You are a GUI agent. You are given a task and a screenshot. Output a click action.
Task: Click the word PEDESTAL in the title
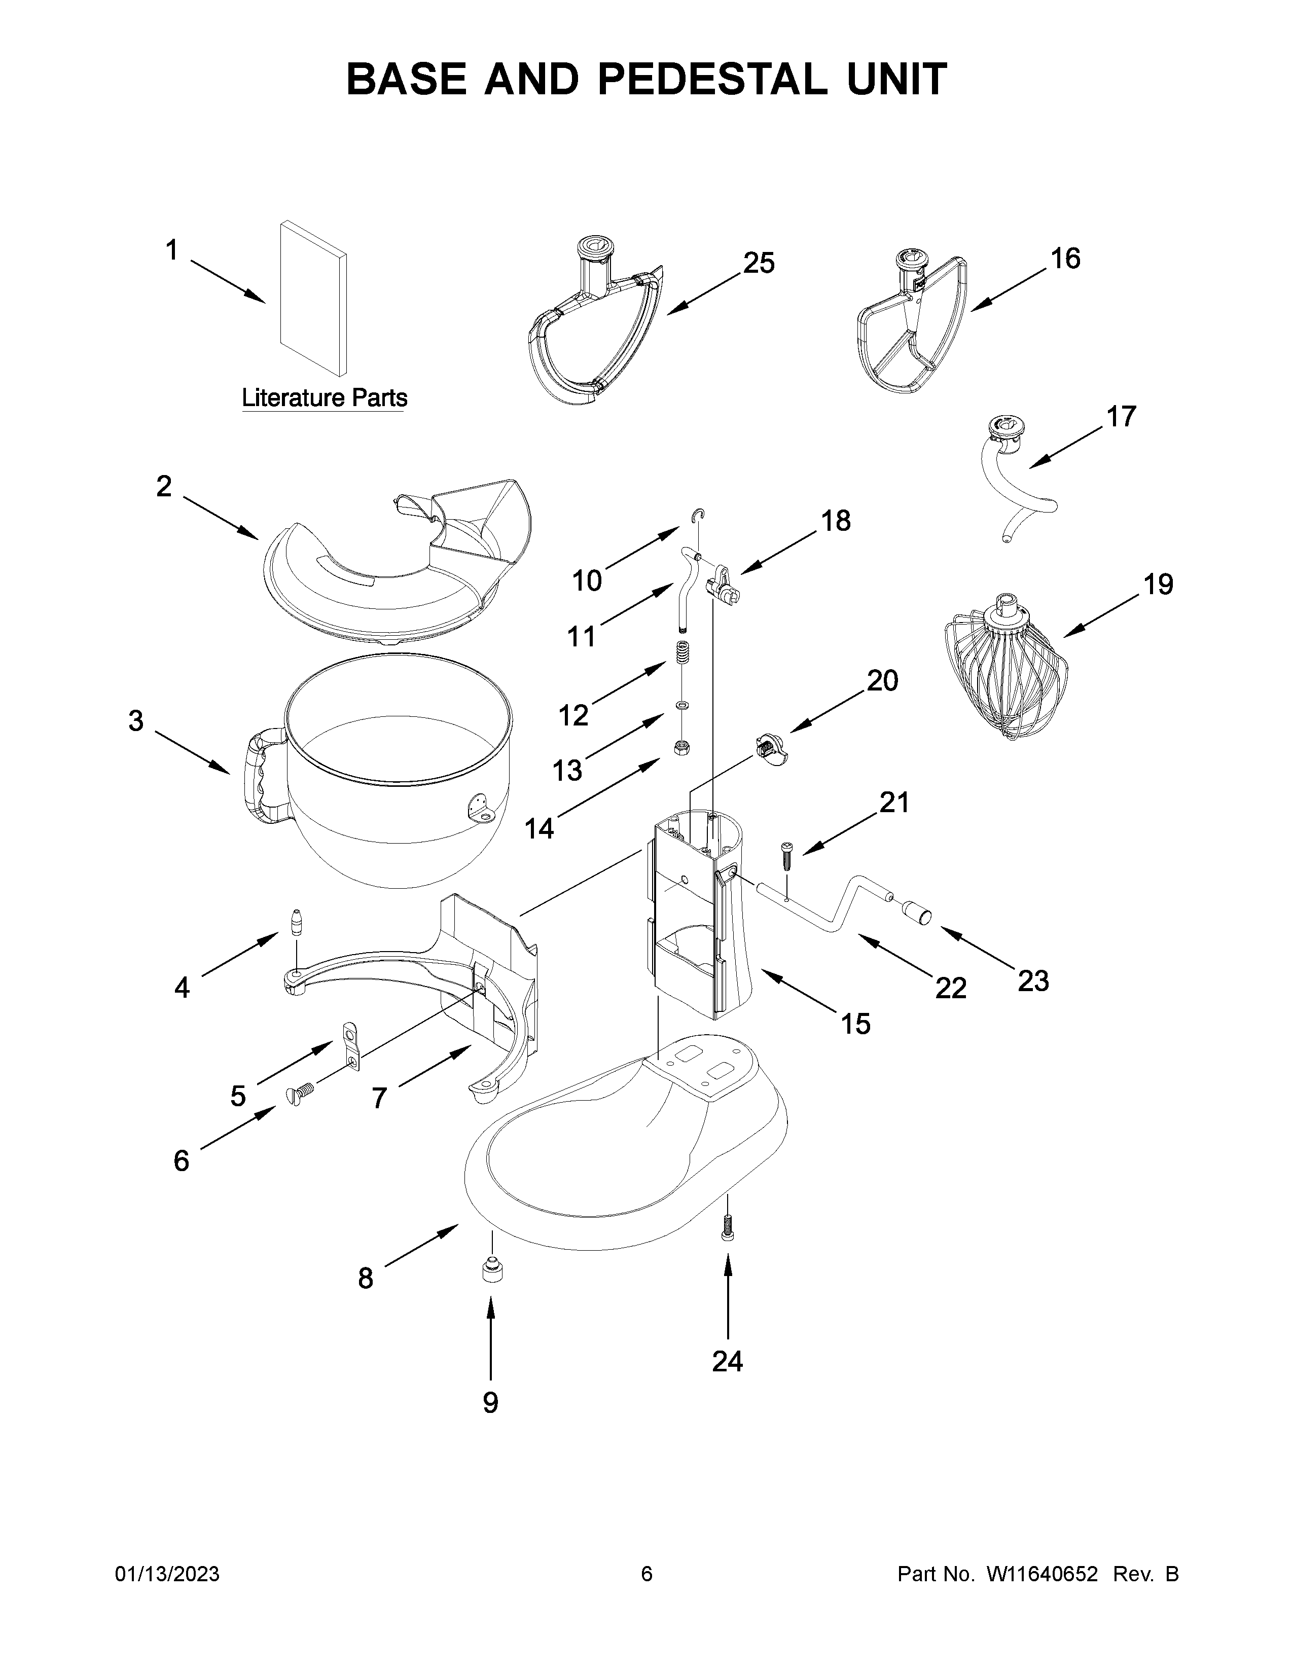point(712,79)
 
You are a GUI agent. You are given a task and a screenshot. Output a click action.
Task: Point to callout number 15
point(855,1024)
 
